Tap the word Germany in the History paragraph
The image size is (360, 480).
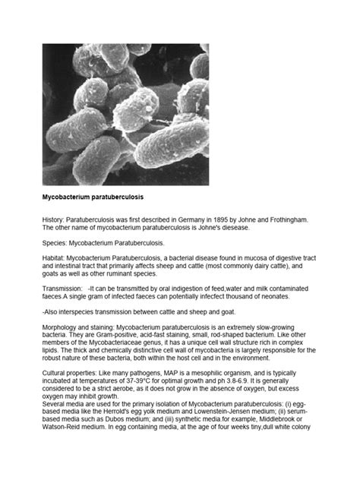[206, 219]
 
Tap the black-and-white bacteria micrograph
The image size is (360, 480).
[125, 115]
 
